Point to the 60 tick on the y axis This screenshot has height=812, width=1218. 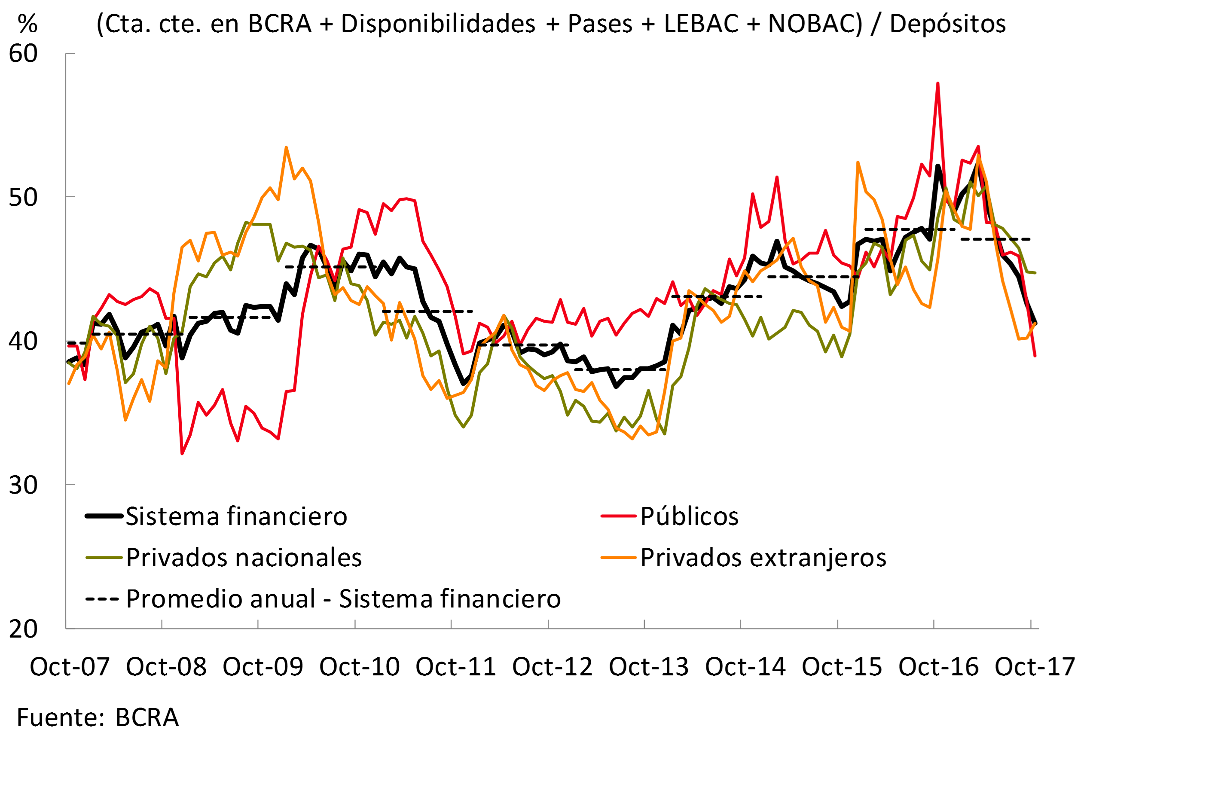pyautogui.click(x=23, y=54)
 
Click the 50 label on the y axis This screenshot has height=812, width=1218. pyautogui.click(x=23, y=197)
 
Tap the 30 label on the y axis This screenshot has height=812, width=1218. pyautogui.click(x=23, y=485)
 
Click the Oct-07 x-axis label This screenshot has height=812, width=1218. pyautogui.click(x=70, y=666)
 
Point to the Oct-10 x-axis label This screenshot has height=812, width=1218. pyautogui.click(x=360, y=666)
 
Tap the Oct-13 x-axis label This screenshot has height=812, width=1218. pyautogui.click(x=648, y=666)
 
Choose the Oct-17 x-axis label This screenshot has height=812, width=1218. pyautogui.click(x=1035, y=666)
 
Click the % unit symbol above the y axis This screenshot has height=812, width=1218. pyautogui.click(x=27, y=24)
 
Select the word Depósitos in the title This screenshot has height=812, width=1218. pyautogui.click(x=947, y=24)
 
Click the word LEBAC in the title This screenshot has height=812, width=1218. pyautogui.click(x=701, y=24)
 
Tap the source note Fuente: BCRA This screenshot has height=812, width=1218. pyautogui.click(x=98, y=718)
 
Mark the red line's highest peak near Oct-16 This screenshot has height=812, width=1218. pyautogui.click(x=938, y=83)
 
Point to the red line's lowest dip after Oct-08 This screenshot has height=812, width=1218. pyautogui.click(x=182, y=454)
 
